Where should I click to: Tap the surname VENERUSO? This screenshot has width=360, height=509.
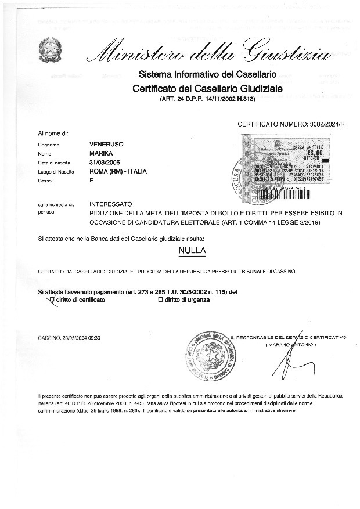(106, 143)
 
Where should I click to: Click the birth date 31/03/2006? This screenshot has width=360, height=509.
(105, 162)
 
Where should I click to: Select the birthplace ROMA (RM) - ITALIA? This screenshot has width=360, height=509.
(118, 171)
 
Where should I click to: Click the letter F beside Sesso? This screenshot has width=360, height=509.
(92, 181)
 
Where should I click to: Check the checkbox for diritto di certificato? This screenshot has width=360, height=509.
(52, 299)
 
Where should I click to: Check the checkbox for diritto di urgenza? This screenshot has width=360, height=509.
(160, 299)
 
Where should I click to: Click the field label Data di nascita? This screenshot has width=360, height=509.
(53, 162)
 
